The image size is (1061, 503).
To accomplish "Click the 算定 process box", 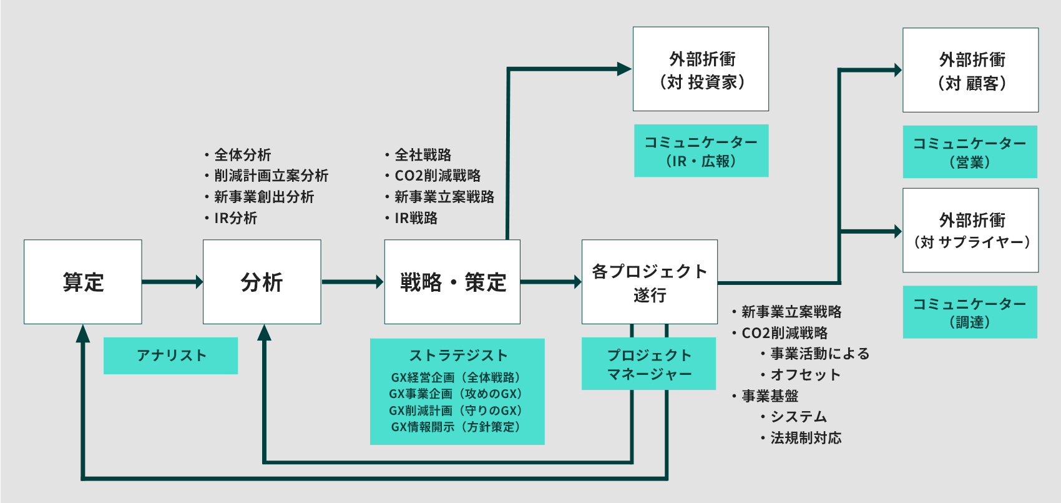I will click(83, 282).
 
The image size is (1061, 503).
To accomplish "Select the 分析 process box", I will click(262, 282).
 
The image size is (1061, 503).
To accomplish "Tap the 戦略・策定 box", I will click(452, 282).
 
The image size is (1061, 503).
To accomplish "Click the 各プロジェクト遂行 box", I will click(650, 282).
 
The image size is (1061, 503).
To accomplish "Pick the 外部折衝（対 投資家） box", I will click(701, 69).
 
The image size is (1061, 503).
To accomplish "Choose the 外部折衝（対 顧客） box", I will click(971, 70).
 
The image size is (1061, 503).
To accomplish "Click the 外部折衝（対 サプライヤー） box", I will click(971, 231).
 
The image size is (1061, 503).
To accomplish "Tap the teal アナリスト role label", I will click(170, 356).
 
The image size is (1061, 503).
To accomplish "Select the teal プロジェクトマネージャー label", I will click(649, 364).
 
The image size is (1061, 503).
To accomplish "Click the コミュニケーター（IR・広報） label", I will click(701, 151).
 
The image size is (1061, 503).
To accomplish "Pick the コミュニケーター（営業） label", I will click(970, 152).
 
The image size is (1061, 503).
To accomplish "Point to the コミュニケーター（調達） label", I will click(970, 312).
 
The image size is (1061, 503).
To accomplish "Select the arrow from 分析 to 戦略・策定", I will click(351, 282).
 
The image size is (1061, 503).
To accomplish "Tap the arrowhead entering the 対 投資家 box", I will click(623, 69).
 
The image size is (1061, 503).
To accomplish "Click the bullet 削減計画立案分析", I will click(271, 176).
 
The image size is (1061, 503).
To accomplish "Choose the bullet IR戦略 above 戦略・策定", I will click(416, 218).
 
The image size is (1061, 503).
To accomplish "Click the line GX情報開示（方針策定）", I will click(456, 427).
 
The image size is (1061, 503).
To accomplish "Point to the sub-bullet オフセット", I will click(805, 374).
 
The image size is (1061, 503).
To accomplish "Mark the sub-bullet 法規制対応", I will click(806, 437).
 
